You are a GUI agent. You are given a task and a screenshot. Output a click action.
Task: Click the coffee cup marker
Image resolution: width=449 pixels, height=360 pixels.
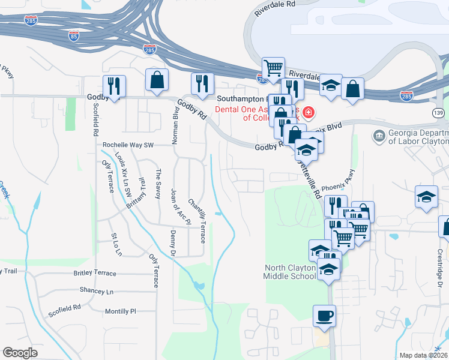click(x=324, y=316)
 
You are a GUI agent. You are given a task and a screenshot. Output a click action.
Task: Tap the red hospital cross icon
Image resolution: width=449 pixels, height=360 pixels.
click(x=309, y=112)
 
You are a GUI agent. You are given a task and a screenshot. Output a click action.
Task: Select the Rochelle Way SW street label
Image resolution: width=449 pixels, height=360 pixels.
click(x=128, y=145)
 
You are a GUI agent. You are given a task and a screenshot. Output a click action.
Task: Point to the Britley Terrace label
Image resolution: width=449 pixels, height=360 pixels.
click(x=95, y=272)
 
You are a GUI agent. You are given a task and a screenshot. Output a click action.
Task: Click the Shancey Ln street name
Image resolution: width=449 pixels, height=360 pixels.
click(x=96, y=291)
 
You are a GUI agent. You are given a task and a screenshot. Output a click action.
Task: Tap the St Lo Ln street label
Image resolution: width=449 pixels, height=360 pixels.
click(x=116, y=245)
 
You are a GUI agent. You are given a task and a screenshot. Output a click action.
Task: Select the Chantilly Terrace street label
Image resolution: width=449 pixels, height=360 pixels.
click(x=196, y=221)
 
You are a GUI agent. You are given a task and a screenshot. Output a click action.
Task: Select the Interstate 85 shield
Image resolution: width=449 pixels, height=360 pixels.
click(x=74, y=35)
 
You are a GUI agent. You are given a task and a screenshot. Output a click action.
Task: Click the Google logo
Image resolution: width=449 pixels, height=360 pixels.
click(x=20, y=352)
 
